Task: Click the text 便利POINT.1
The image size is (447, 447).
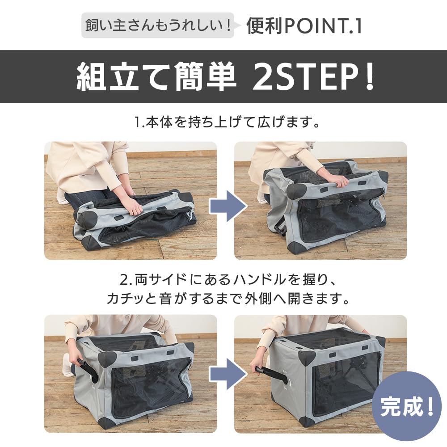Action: (x=304, y=26)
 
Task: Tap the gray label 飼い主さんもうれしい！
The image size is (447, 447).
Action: (x=157, y=25)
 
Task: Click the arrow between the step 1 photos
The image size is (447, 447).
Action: (x=227, y=207)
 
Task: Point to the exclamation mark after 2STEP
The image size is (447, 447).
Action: (x=369, y=77)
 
